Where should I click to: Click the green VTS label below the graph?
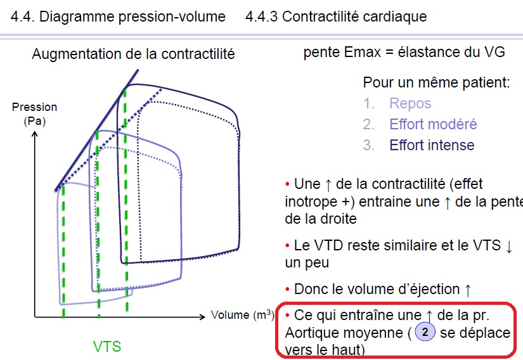tap(107, 347)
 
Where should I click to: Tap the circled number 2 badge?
tap(425, 332)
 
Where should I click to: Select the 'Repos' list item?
tap(410, 103)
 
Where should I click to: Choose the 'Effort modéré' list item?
tap(433, 124)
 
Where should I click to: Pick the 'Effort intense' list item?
tap(432, 145)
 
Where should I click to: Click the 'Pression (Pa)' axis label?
tap(35, 113)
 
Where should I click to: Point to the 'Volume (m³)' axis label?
tap(243, 314)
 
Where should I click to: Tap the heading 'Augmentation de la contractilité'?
tap(133, 54)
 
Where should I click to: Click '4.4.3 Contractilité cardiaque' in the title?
tap(336, 16)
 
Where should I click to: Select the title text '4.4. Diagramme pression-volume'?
tap(118, 16)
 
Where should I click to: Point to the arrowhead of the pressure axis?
tap(35, 133)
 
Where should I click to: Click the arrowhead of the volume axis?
tap(202, 317)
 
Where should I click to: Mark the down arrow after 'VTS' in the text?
tap(508, 247)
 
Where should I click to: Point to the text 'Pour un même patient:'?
tap(436, 82)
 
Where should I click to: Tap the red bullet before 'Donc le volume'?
tap(288, 290)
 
